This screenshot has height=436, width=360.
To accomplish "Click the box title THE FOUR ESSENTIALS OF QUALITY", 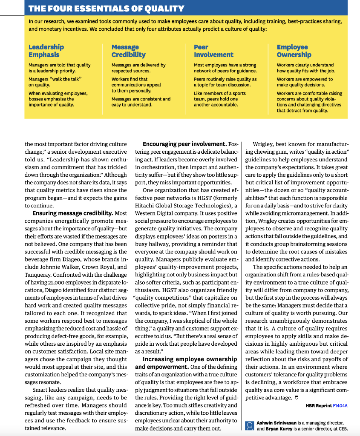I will coord(106,8).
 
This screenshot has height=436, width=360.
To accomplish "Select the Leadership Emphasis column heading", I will coord(46,51).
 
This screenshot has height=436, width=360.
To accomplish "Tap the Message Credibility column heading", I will coord(128,51).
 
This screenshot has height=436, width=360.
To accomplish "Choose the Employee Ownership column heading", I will coord(294,51).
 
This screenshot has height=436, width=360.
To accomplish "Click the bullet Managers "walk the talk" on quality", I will coord(55,82).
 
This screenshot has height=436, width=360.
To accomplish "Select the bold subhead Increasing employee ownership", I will coord(190,359).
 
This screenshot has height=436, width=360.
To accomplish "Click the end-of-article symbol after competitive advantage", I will coord(296,397).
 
